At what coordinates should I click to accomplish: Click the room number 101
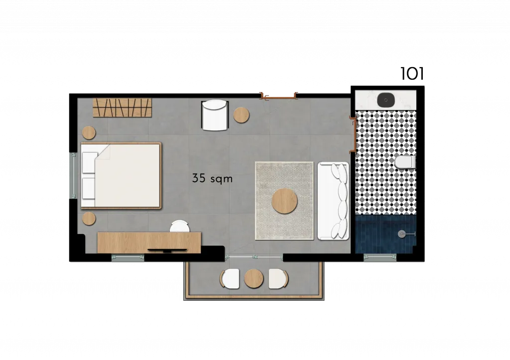(412, 74)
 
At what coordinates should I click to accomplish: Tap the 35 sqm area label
(212, 178)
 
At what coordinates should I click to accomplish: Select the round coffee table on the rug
(284, 201)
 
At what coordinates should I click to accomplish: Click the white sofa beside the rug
(333, 201)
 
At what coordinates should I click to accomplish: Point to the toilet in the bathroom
(405, 162)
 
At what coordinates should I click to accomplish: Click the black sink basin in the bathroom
(386, 100)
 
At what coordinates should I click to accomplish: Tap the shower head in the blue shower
(402, 234)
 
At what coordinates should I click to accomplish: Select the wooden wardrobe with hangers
(123, 108)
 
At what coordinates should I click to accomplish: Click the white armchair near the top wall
(215, 115)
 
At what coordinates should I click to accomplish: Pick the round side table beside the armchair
(242, 115)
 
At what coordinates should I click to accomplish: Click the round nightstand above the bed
(89, 132)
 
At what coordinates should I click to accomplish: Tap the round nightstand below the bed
(89, 219)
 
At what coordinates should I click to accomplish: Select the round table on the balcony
(254, 278)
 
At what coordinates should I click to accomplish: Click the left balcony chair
(230, 278)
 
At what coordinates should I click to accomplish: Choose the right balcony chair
(278, 278)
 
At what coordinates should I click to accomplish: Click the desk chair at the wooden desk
(179, 227)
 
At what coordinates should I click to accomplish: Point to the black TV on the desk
(167, 250)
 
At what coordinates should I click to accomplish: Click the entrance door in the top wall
(278, 96)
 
